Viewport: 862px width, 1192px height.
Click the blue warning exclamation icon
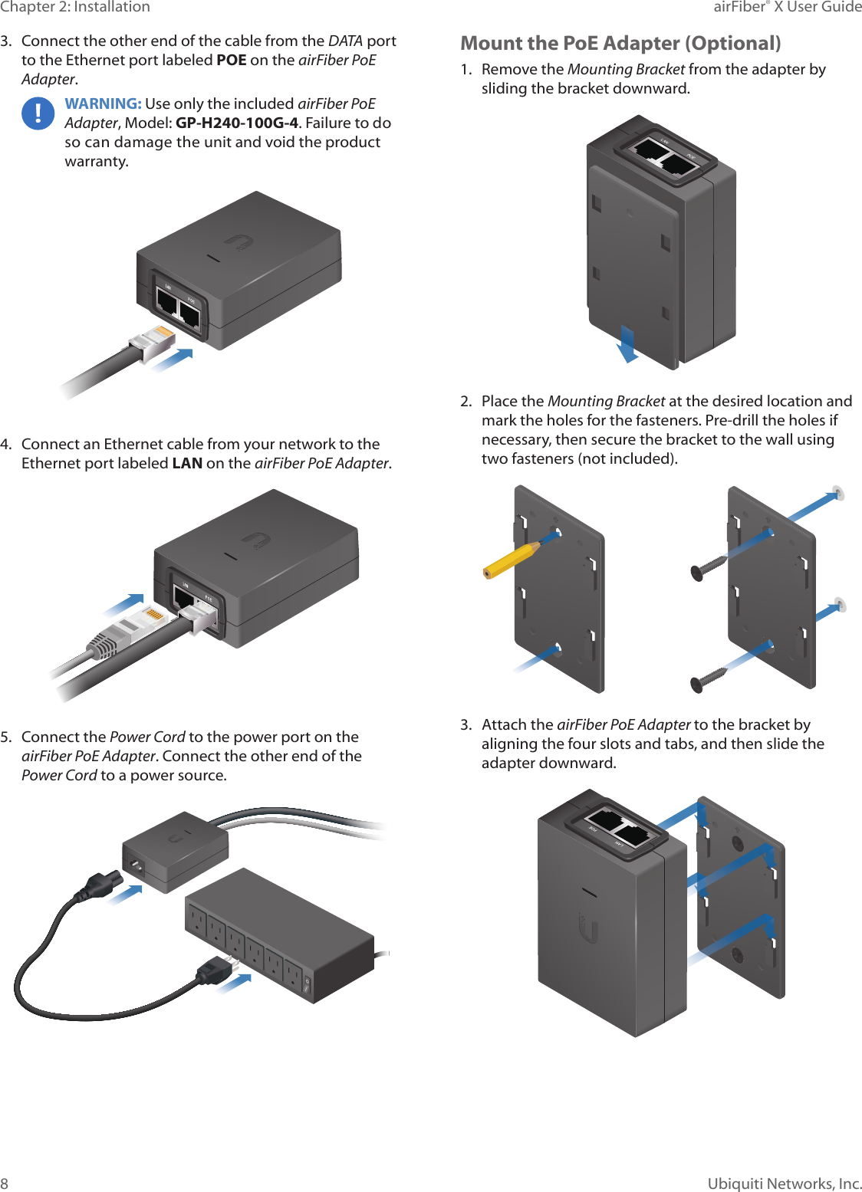tap(38, 114)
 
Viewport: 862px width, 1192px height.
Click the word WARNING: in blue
tap(103, 103)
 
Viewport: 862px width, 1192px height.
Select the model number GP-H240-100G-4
tap(236, 123)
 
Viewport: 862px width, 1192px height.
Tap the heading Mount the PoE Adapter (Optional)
tap(620, 43)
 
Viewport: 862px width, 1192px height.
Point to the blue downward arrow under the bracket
tap(627, 344)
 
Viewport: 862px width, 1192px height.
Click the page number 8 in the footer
tap(5, 1184)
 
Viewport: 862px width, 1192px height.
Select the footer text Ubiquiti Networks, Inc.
tap(784, 1184)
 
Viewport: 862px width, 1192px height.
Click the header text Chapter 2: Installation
tap(75, 7)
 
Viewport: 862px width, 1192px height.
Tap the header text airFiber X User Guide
tap(787, 7)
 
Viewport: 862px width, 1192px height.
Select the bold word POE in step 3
tap(231, 60)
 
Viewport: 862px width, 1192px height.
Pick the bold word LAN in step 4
tap(187, 463)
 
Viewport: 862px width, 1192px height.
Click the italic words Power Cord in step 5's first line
tap(147, 737)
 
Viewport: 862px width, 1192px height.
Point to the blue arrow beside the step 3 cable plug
tap(173, 359)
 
